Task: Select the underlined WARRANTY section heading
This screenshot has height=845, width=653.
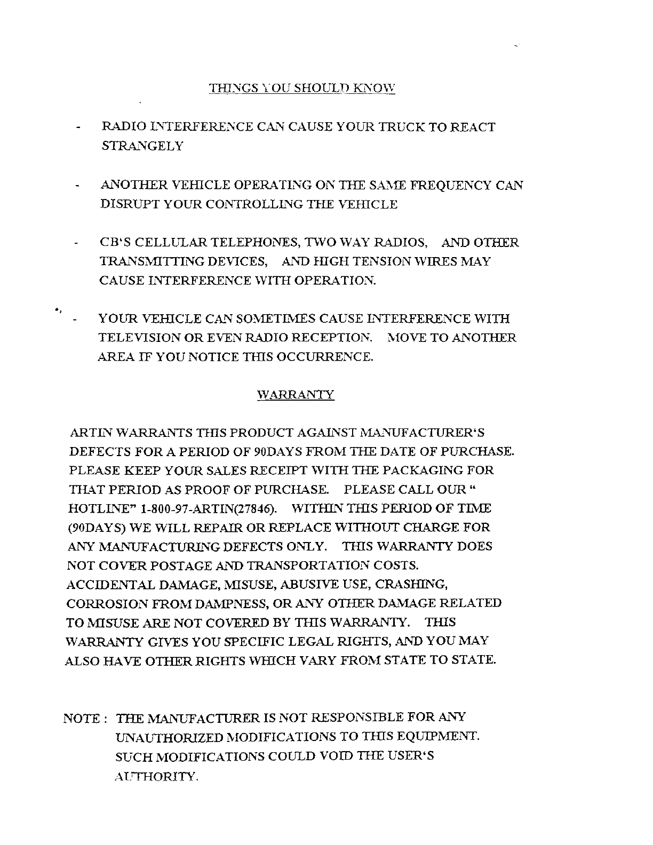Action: tap(296, 395)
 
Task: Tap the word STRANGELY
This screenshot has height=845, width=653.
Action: tap(142, 146)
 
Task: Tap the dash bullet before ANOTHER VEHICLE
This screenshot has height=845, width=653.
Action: tap(78, 186)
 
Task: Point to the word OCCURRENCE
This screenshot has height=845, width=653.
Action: tap(328, 357)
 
